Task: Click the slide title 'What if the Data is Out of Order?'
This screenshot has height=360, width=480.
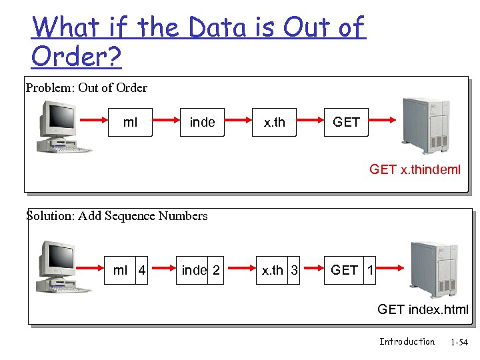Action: tap(198, 42)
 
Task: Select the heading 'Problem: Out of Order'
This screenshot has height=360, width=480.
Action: tap(86, 88)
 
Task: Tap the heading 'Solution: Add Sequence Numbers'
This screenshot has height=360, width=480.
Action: tap(117, 216)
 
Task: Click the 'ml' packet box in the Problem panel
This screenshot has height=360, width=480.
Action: tap(131, 122)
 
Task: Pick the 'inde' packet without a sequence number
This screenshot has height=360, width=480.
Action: tap(202, 122)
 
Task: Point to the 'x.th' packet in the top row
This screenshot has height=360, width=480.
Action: tap(274, 122)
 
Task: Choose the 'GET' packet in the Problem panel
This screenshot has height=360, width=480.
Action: tap(346, 122)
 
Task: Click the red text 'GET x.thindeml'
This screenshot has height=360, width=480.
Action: tap(415, 169)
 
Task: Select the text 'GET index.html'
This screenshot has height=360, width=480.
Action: tap(423, 309)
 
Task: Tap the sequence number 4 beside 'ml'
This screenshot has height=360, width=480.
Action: tap(141, 270)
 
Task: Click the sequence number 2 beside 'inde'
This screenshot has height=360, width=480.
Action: tap(215, 270)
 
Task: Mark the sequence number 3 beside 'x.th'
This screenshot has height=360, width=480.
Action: tap(294, 270)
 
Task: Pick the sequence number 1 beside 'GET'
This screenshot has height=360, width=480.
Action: tap(370, 270)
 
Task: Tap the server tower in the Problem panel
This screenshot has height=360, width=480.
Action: tap(425, 125)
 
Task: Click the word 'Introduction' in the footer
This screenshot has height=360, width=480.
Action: tap(407, 342)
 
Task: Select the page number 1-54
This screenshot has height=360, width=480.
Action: tap(459, 343)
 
